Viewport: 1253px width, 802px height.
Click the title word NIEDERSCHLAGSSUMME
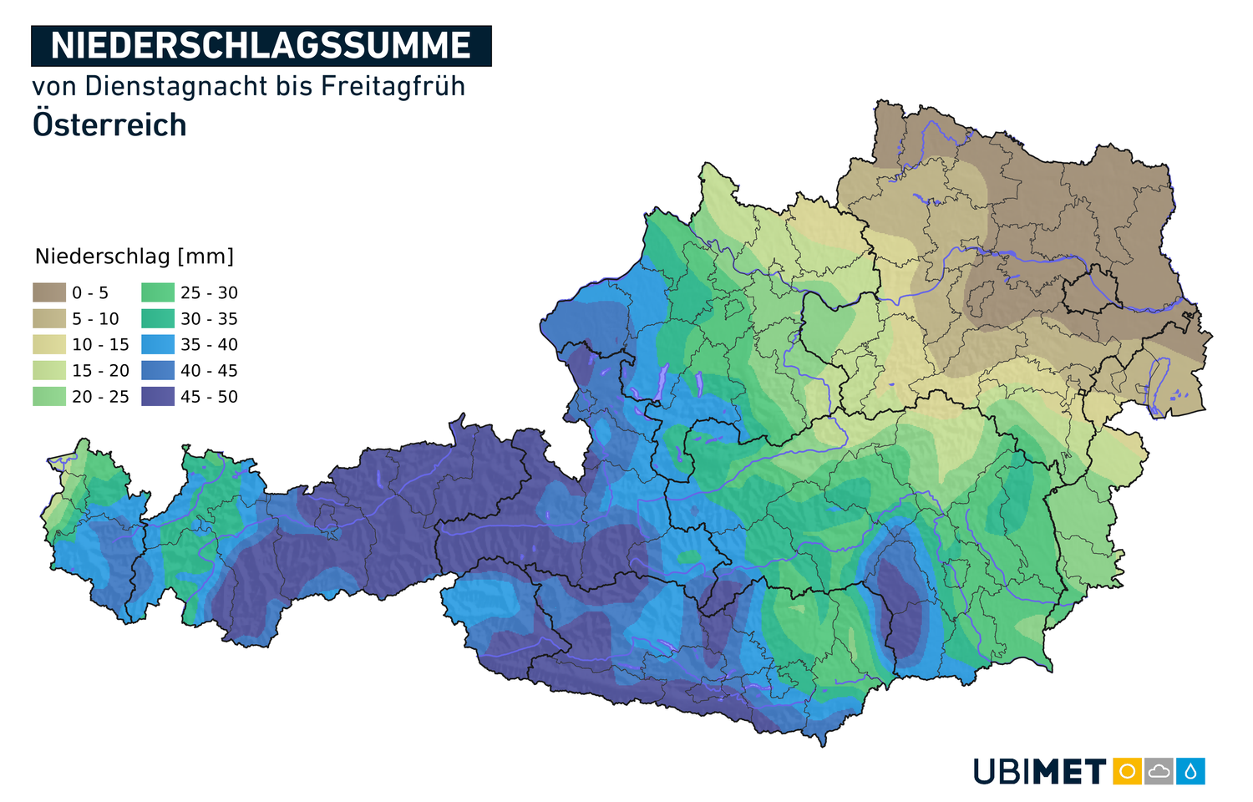[261, 46]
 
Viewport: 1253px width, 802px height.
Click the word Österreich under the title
[109, 125]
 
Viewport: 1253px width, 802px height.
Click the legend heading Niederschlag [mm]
[134, 256]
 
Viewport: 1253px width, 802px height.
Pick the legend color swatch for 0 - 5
[49, 292]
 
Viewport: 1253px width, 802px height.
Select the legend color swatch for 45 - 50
[158, 396]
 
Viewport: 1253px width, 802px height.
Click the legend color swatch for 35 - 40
[158, 344]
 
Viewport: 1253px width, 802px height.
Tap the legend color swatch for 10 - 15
[49, 344]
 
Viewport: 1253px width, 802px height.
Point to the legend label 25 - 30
[209, 292]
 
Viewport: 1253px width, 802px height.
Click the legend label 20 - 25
[100, 396]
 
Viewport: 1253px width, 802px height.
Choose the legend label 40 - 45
[209, 370]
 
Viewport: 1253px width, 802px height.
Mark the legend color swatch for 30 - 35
[158, 318]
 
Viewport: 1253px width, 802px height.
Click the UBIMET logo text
[1039, 772]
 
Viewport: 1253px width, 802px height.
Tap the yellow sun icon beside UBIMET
[1127, 771]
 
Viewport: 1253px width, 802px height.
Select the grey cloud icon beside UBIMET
[1159, 771]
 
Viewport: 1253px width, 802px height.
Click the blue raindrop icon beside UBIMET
[1190, 771]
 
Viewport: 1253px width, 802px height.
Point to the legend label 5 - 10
[95, 318]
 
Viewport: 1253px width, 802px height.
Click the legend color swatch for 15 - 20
[49, 370]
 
